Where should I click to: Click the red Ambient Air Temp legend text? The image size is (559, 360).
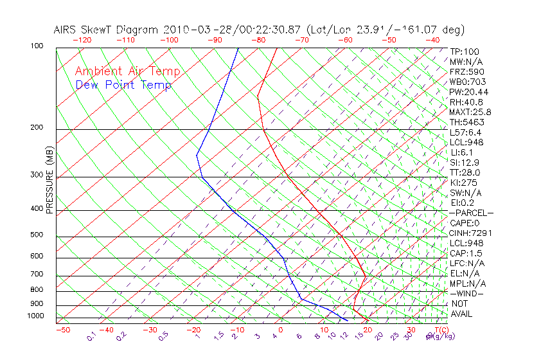tap(127, 71)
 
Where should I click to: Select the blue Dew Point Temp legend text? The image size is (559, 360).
tap(123, 85)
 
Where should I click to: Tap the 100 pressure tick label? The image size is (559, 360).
tap(37, 46)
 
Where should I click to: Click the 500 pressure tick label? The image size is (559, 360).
tap(37, 235)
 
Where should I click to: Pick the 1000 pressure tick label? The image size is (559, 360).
tap(35, 316)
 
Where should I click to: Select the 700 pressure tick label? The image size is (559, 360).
tap(37, 275)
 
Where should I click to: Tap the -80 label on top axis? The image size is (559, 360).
tap(258, 40)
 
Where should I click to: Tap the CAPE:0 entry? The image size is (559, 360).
tap(464, 223)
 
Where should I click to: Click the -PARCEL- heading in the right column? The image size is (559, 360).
tap(471, 213)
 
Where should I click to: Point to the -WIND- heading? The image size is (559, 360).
tap(466, 294)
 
